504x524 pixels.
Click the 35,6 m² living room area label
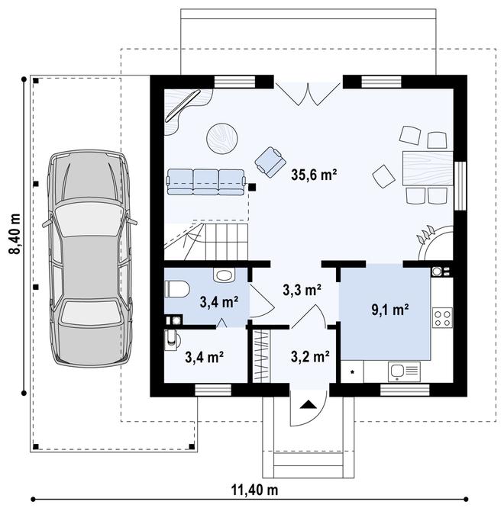pyautogui.click(x=314, y=175)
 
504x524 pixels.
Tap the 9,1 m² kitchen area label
pyautogui.click(x=389, y=310)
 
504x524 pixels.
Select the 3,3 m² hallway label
pyautogui.click(x=302, y=290)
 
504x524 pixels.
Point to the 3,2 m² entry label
pyautogui.click(x=310, y=356)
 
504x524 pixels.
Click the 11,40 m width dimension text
pyautogui.click(x=254, y=490)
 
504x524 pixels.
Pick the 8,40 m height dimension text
pyautogui.click(x=15, y=234)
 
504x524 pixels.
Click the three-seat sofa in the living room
pyautogui.click(x=205, y=182)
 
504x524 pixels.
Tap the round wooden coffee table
pyautogui.click(x=222, y=138)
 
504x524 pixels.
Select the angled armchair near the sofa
pyautogui.click(x=270, y=162)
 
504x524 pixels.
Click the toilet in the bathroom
pyautogui.click(x=177, y=289)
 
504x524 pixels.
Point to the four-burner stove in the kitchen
pyautogui.click(x=442, y=317)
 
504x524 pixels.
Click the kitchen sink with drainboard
pyautogui.click(x=404, y=371)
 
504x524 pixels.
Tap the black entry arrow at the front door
pyautogui.click(x=309, y=405)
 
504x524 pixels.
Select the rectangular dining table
pyautogui.click(x=428, y=168)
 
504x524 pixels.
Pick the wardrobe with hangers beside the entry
pyautogui.click(x=260, y=355)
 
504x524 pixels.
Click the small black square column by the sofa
pyautogui.click(x=252, y=187)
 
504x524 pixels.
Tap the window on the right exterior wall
pyautogui.click(x=460, y=186)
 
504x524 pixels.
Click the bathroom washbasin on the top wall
pyautogui.click(x=224, y=275)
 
